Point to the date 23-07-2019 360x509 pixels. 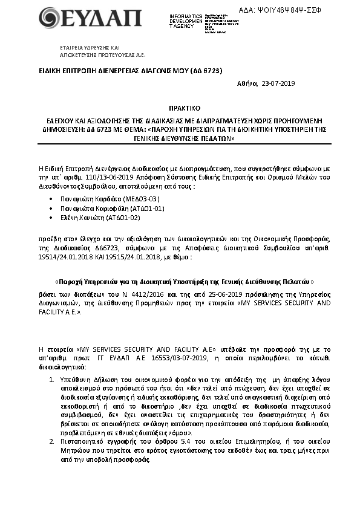[x=278, y=83]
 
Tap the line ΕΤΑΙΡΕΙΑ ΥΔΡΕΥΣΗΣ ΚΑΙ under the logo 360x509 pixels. [x=90, y=47]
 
